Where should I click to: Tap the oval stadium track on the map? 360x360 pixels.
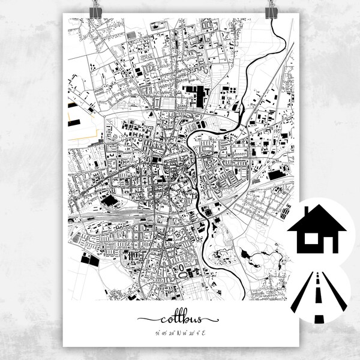pos(181,269)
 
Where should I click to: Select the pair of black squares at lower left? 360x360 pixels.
pos(88,259)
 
